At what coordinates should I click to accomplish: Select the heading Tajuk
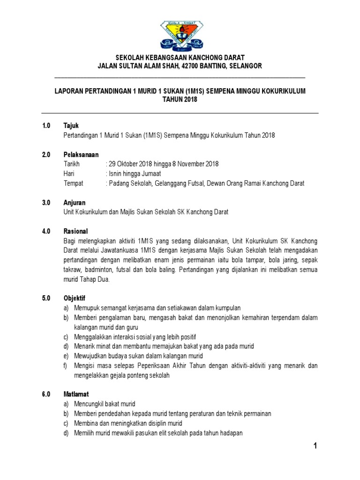[71, 126]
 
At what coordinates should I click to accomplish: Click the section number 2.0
[46, 154]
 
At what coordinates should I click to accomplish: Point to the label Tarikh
[72, 164]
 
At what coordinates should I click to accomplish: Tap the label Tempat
[73, 183]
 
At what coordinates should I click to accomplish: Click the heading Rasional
[75, 231]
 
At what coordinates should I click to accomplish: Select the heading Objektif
[75, 298]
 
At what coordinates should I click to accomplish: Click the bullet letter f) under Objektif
[66, 365]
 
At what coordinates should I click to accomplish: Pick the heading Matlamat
[76, 394]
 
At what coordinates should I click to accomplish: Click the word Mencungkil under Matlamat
[90, 404]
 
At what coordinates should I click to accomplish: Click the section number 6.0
[46, 394]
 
